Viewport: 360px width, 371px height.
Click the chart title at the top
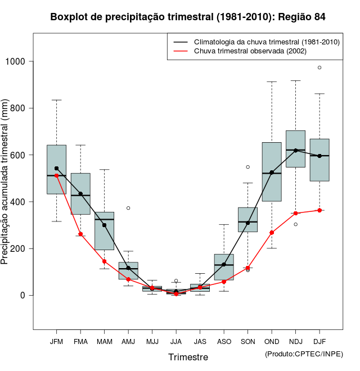[188, 17]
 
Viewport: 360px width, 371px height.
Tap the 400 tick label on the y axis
[20, 202]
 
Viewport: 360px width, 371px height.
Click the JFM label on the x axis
[56, 342]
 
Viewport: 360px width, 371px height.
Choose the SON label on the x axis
[247, 342]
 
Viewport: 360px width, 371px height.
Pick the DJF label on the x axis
[319, 342]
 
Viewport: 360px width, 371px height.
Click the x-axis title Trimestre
[188, 357]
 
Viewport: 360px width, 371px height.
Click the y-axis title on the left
[6, 183]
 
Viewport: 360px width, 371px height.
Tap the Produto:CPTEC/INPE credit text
[304, 354]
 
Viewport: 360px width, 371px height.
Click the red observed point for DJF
[319, 210]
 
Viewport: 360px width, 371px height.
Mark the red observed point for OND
[272, 232]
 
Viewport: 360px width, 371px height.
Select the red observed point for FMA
[80, 234]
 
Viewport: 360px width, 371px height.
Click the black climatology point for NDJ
[295, 150]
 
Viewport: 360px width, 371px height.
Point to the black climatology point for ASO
[224, 264]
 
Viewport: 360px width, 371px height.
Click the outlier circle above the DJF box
[319, 67]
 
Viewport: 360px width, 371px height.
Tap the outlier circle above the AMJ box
[128, 208]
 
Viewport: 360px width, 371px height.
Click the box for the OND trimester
[272, 171]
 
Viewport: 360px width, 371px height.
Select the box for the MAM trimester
[104, 230]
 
